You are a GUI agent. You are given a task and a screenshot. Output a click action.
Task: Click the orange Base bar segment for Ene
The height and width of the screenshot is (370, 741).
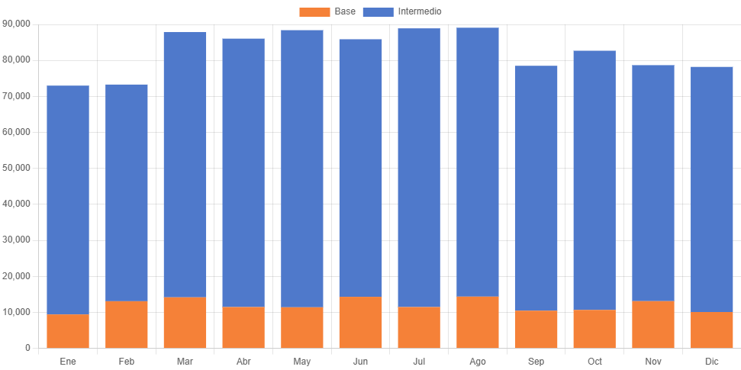pyautogui.click(x=68, y=331)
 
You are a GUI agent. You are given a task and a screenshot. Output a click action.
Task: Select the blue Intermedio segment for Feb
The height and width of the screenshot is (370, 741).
pyautogui.click(x=127, y=192)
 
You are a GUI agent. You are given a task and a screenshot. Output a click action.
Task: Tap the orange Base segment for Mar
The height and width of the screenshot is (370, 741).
pyautogui.click(x=185, y=323)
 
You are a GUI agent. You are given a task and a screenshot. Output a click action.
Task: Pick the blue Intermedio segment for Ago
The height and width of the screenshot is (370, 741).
pyautogui.click(x=478, y=162)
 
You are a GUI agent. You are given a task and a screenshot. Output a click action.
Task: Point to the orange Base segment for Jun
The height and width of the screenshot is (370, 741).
pyautogui.click(x=360, y=323)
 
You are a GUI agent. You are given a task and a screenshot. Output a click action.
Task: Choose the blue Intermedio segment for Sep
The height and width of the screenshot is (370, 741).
pyautogui.click(x=536, y=188)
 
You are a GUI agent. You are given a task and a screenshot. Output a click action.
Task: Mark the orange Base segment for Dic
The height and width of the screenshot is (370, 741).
pyautogui.click(x=711, y=330)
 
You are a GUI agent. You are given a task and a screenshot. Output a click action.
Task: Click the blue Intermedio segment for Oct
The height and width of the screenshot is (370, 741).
pyautogui.click(x=594, y=180)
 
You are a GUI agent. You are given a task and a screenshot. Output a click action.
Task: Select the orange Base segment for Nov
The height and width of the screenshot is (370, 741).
pyautogui.click(x=653, y=325)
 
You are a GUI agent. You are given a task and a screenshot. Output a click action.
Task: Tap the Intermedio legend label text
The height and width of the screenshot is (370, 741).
pyautogui.click(x=420, y=11)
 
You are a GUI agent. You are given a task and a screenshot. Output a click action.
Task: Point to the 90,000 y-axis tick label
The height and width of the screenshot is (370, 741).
pyautogui.click(x=17, y=24)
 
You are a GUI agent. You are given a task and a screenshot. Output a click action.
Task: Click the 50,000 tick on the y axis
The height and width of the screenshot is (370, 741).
pyautogui.click(x=17, y=168)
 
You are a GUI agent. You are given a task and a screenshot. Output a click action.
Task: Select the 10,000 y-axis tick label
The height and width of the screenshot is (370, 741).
pyautogui.click(x=17, y=312)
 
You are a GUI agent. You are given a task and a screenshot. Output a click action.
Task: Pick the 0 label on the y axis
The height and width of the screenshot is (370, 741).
pyautogui.click(x=27, y=348)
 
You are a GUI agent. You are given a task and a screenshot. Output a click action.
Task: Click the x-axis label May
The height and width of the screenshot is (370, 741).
pyautogui.click(x=302, y=360)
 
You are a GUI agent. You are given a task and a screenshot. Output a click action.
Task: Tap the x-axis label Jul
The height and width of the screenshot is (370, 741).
pyautogui.click(x=419, y=360)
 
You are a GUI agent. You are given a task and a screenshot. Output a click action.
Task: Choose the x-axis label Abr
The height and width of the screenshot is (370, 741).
pyautogui.click(x=243, y=360)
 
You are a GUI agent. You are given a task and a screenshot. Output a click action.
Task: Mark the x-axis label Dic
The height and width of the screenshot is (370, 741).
pyautogui.click(x=711, y=360)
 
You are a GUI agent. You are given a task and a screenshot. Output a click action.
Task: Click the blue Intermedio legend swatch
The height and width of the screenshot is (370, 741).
pyautogui.click(x=378, y=11)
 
